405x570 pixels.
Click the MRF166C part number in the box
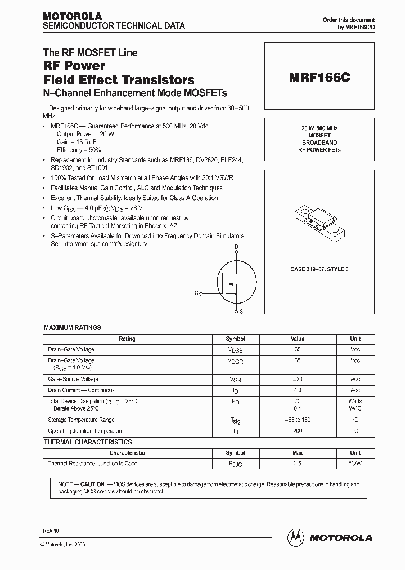point(319,78)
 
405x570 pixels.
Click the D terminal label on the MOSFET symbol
point(236,247)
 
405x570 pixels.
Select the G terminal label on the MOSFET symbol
point(196,293)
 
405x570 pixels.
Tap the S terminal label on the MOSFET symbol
point(241,311)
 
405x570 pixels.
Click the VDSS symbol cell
point(236,350)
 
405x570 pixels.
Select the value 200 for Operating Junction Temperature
point(298,431)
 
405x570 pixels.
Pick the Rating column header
point(127,339)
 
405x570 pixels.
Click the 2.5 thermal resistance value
point(298,464)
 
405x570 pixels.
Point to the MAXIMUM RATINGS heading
point(73,327)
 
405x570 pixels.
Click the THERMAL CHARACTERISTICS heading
point(88,442)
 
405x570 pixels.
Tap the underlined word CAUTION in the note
point(92,484)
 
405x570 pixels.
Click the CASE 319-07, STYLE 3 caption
point(319,269)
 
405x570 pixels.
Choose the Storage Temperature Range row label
point(81,420)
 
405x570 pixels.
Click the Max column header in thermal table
point(298,453)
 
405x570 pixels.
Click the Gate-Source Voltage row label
point(73,380)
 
